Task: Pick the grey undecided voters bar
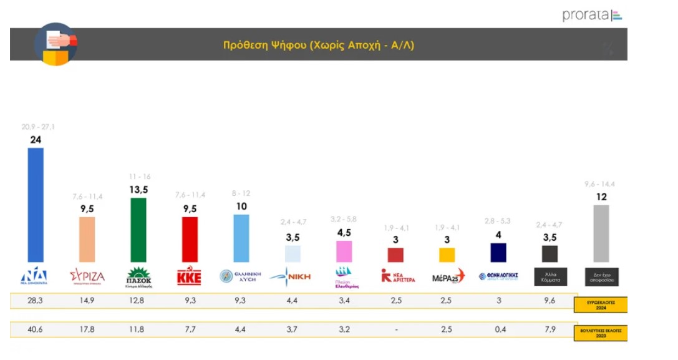click(x=601, y=233)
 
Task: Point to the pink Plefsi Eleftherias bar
click(x=344, y=251)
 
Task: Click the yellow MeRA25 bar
click(x=447, y=255)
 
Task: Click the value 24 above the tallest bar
click(x=36, y=140)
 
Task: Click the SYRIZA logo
click(x=87, y=276)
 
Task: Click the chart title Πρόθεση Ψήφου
click(x=318, y=45)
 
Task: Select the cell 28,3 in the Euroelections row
click(x=36, y=301)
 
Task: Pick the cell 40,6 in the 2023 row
click(x=36, y=329)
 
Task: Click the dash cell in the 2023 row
click(x=395, y=329)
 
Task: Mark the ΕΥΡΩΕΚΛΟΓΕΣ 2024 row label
click(x=600, y=305)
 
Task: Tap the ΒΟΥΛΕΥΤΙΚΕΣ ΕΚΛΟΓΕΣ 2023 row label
click(x=600, y=333)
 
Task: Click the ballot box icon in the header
click(x=55, y=44)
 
